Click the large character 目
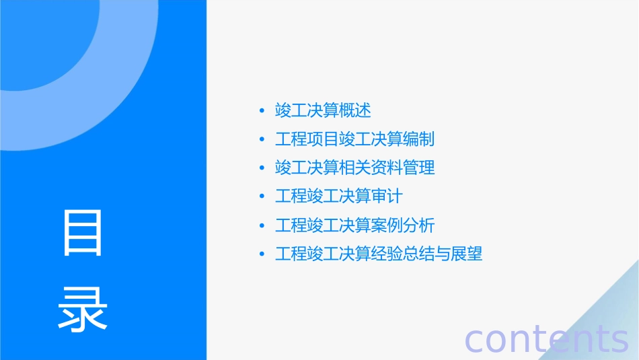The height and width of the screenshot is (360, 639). [83, 233]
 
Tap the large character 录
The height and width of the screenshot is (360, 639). [83, 308]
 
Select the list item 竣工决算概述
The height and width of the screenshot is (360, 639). [323, 110]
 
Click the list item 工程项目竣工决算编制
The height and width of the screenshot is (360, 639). [354, 139]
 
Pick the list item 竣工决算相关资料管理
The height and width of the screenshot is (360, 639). [354, 168]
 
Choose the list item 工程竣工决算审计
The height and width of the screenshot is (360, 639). [338, 196]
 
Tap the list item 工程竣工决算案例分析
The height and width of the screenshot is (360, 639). [354, 225]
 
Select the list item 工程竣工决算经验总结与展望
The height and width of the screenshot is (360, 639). [378, 254]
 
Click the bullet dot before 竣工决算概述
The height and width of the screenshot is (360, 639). [262, 110]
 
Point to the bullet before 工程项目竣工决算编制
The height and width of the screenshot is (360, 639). [262, 139]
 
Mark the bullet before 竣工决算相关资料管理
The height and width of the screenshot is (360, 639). [262, 168]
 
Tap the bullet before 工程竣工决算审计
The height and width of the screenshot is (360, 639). [262, 197]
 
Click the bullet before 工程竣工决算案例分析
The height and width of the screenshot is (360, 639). [262, 226]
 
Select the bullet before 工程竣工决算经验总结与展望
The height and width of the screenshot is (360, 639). [262, 255]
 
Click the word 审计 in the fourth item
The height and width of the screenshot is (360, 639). [386, 196]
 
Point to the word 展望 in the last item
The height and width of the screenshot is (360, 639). [467, 254]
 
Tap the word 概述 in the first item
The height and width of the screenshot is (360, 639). [354, 110]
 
